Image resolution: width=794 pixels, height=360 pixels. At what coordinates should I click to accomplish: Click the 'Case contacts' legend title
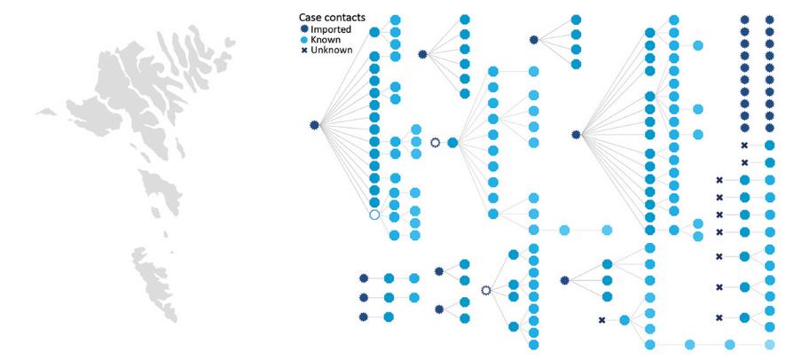(x=332, y=19)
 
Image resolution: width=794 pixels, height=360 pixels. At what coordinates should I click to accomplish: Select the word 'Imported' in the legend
(x=331, y=29)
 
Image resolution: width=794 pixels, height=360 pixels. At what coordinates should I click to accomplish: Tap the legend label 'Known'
(x=326, y=40)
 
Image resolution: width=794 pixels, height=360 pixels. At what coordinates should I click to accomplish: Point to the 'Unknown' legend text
(x=332, y=51)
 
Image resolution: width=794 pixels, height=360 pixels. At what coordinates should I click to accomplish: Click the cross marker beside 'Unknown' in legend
(x=304, y=51)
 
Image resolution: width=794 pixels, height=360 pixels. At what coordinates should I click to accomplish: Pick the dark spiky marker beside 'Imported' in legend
(x=304, y=29)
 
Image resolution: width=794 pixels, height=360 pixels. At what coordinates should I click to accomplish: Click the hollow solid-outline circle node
(x=374, y=215)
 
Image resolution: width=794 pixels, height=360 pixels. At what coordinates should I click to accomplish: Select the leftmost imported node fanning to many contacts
(x=314, y=124)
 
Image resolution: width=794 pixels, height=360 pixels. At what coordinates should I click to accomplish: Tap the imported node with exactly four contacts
(x=534, y=40)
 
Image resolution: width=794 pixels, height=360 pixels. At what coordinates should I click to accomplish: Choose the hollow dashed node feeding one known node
(x=435, y=143)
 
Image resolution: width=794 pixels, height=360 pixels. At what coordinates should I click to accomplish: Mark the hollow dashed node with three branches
(x=486, y=290)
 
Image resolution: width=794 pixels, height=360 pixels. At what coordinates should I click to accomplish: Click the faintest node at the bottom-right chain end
(x=770, y=345)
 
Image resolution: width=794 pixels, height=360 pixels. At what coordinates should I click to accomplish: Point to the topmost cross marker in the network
(x=744, y=145)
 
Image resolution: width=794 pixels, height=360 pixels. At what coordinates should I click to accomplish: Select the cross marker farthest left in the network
(x=602, y=320)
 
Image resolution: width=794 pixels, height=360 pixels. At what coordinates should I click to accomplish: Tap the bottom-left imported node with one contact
(x=363, y=317)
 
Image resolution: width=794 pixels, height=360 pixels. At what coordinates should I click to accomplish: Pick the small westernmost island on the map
(x=47, y=112)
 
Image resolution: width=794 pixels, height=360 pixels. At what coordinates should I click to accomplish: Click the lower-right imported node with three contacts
(x=565, y=280)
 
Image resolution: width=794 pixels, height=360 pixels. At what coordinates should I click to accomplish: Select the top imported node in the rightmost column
(x=770, y=20)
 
